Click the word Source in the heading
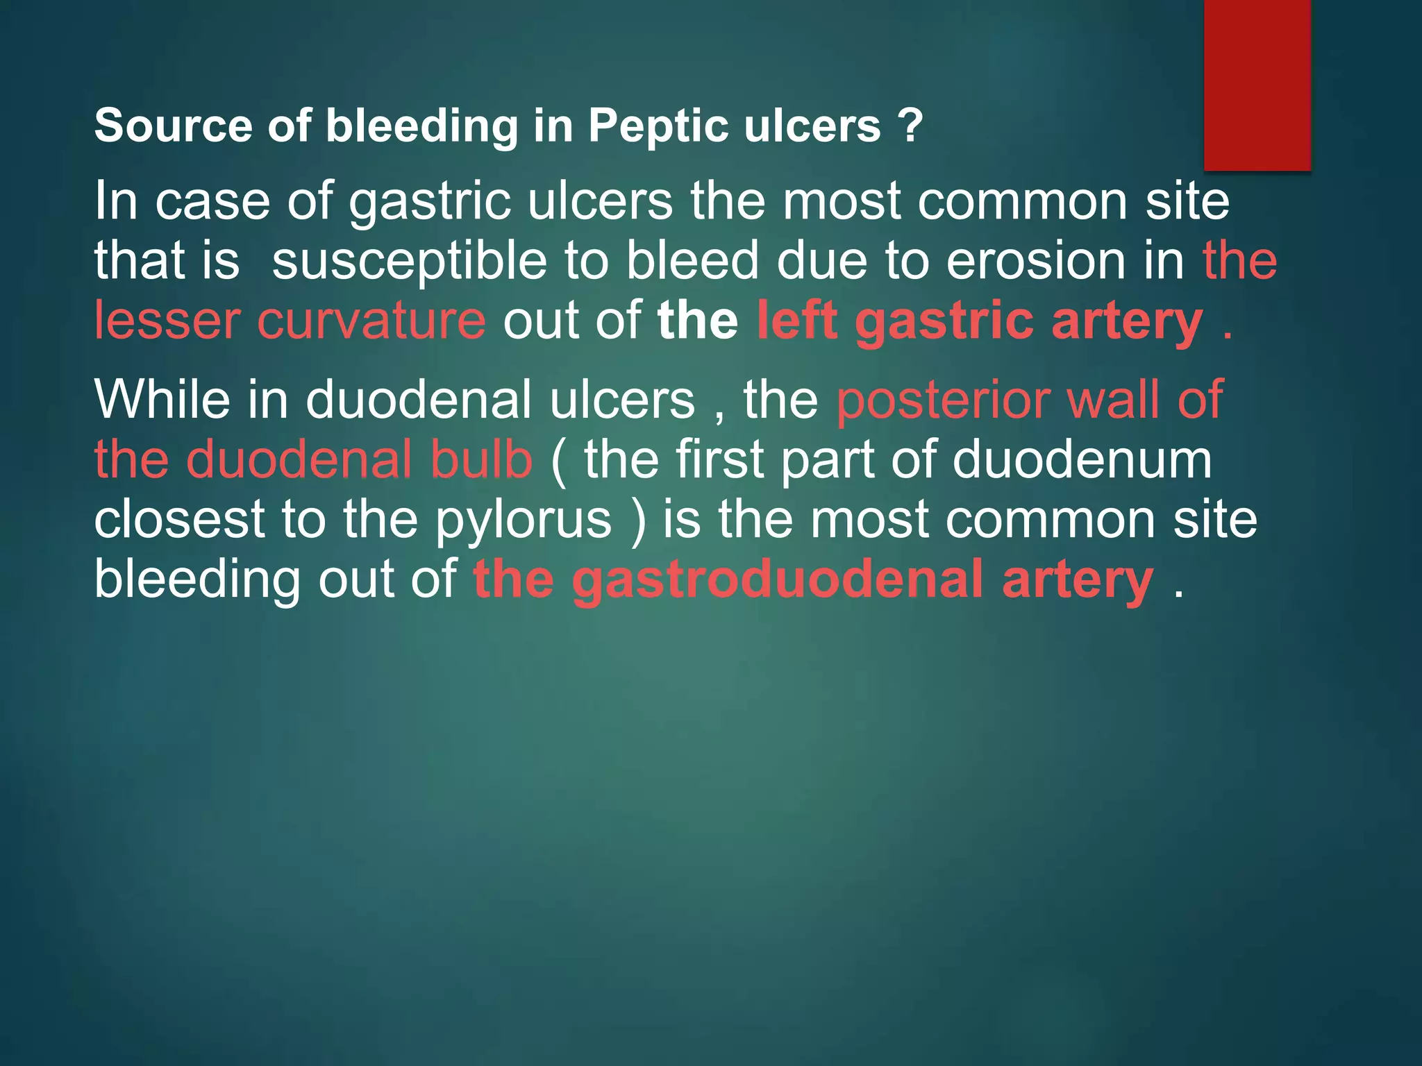point(173,126)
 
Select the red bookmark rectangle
point(1257,85)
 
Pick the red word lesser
point(167,321)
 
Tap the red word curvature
point(371,321)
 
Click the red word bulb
point(481,459)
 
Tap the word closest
point(179,520)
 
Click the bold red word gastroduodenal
point(777,580)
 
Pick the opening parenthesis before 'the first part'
point(559,461)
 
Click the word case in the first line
point(212,202)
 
